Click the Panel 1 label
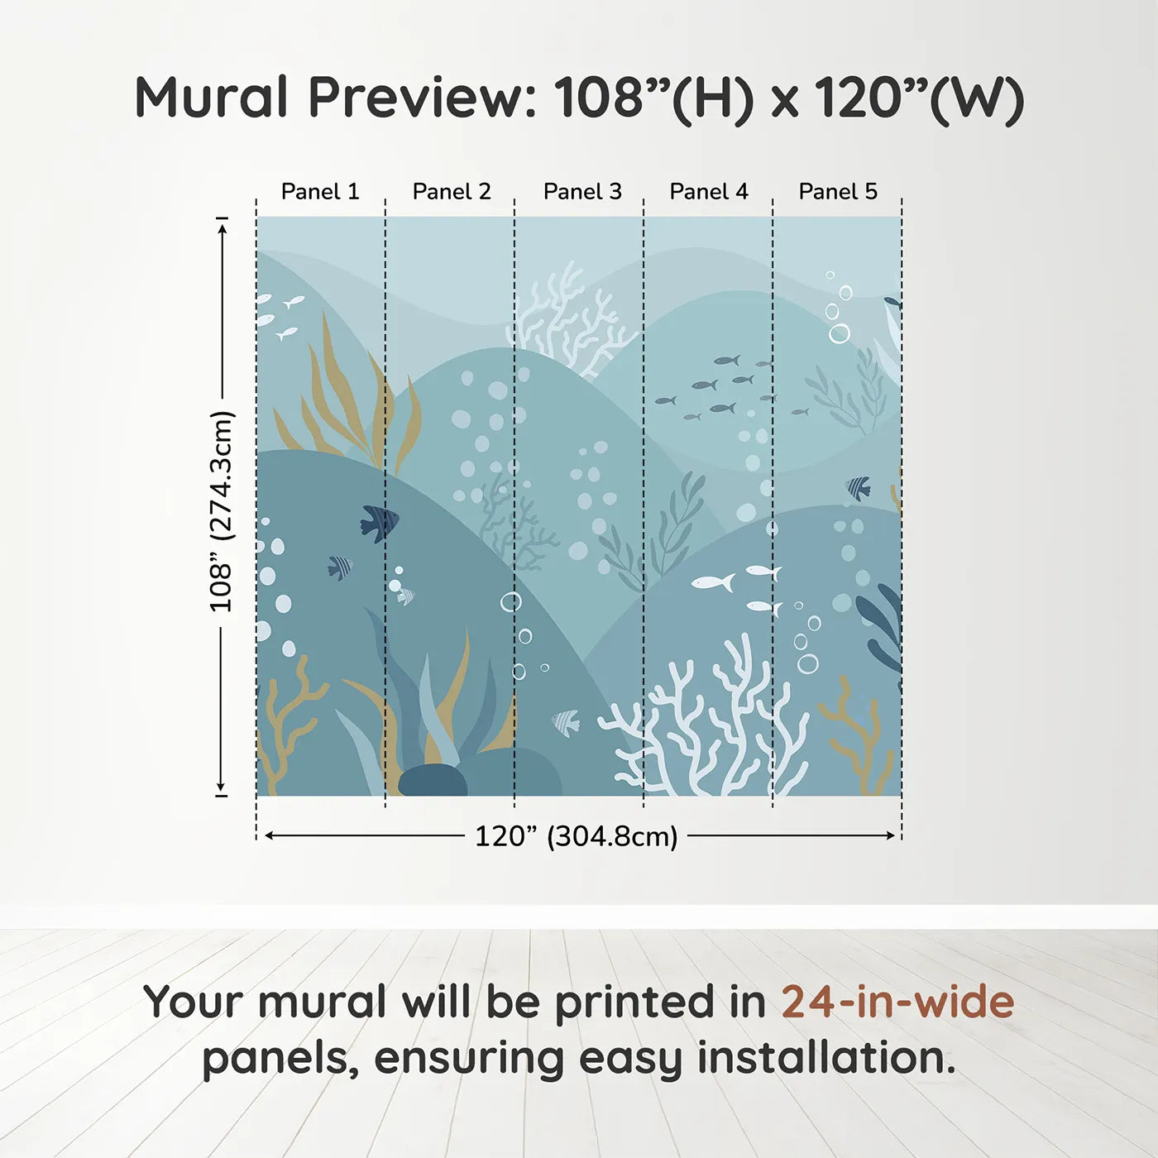tap(320, 192)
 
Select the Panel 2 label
tap(452, 192)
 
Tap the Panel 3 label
tap(582, 192)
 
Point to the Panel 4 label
tap(709, 192)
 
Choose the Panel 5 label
tap(838, 192)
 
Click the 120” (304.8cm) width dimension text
tap(576, 836)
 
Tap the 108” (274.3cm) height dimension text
tap(222, 511)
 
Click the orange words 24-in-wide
tap(897, 1002)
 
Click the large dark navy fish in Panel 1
tap(380, 523)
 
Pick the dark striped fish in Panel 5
tap(859, 488)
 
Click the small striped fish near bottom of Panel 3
tap(566, 722)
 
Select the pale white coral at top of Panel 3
tap(571, 318)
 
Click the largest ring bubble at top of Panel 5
tap(839, 333)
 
